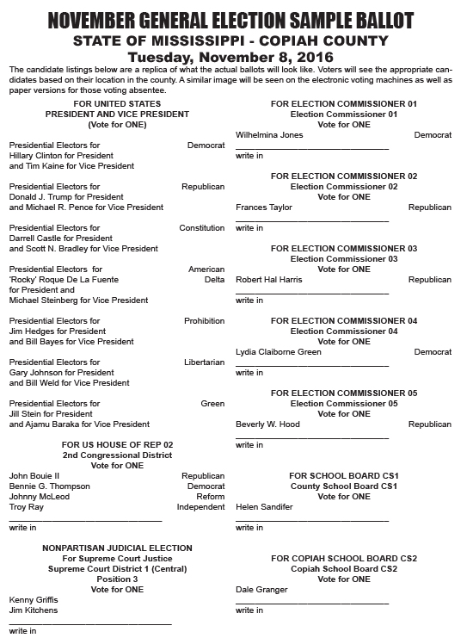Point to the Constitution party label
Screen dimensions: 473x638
(201, 228)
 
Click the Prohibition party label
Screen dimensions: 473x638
(204, 321)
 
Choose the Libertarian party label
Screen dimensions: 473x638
(204, 362)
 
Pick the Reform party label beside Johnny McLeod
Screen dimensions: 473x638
(210, 496)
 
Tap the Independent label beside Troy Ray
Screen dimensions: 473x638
(200, 506)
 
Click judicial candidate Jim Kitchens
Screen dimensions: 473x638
(33, 610)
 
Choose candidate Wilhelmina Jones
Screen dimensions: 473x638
(269, 135)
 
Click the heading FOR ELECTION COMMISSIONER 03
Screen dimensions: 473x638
(343, 249)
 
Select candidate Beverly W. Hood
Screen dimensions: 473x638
(267, 424)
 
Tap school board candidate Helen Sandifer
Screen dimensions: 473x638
(264, 506)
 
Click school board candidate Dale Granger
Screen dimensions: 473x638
(261, 590)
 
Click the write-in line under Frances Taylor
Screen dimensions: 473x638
(312, 220)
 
